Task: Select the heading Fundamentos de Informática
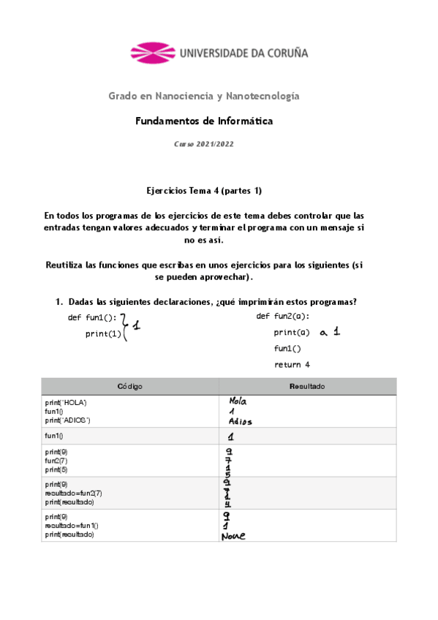coord(204,121)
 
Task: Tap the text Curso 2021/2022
coord(204,145)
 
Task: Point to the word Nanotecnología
coord(263,97)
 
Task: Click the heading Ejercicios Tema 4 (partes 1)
coord(204,191)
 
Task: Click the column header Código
coord(129,386)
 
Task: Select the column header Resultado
coord(307,386)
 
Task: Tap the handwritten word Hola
coord(238,401)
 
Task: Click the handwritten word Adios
coord(241,421)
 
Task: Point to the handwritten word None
coord(233,536)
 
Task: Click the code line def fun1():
coord(92,317)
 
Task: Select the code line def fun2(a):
coord(283,316)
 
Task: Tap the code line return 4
coord(292,364)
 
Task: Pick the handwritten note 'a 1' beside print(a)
coord(326,332)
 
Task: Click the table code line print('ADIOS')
coord(67,420)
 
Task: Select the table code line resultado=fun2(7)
coord(73,494)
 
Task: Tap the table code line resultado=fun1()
coord(72,526)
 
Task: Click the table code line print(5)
coord(56,469)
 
